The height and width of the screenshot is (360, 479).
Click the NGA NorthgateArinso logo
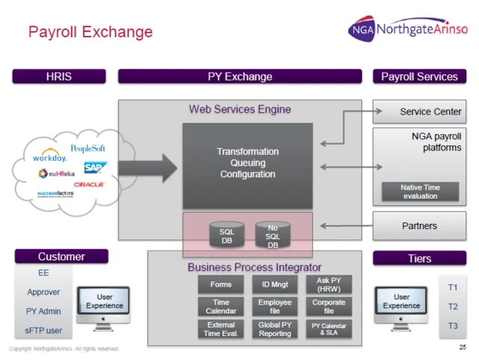click(x=408, y=29)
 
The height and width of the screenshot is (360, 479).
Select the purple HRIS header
click(x=59, y=76)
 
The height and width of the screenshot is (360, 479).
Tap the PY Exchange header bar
click(x=239, y=76)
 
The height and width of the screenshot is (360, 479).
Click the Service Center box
click(x=420, y=112)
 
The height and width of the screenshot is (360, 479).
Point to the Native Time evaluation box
click(x=420, y=192)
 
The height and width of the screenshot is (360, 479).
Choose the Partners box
click(x=420, y=226)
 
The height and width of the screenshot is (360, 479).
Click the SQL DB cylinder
click(x=227, y=235)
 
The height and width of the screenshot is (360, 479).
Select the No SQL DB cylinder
click(x=272, y=235)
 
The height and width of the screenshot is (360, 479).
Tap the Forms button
click(x=221, y=285)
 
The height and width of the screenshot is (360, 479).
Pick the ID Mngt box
click(x=275, y=285)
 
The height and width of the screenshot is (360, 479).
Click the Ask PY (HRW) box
click(x=329, y=284)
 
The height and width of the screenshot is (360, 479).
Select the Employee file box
click(x=275, y=307)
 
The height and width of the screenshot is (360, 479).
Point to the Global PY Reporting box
click(x=275, y=329)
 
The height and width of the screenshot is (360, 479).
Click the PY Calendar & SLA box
click(x=329, y=329)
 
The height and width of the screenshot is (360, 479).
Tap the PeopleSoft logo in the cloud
click(x=88, y=149)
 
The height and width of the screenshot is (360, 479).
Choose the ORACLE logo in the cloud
click(x=89, y=184)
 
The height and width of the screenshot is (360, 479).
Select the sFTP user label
click(x=44, y=330)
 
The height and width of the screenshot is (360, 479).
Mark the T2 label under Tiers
click(x=453, y=306)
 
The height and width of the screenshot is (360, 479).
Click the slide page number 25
click(x=462, y=347)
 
